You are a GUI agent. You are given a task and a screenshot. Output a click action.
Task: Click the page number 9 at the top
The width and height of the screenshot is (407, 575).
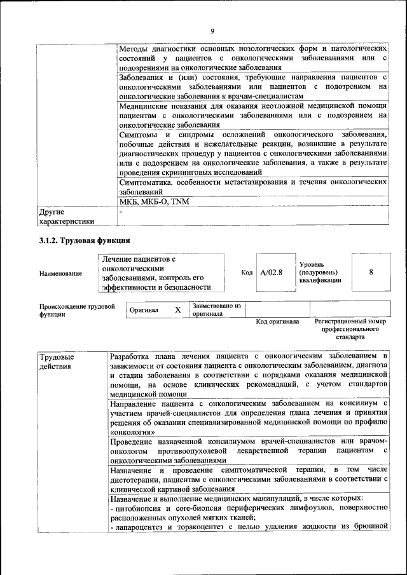pos(212,30)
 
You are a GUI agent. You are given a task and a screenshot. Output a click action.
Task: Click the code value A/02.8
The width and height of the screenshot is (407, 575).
pos(271,273)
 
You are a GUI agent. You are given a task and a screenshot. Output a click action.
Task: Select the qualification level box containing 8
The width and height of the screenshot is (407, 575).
pos(371,272)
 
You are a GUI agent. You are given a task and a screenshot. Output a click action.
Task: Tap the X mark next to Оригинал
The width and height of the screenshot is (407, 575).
pos(178,309)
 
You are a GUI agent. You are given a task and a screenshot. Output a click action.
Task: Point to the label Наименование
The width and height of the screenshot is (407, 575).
pos(60,273)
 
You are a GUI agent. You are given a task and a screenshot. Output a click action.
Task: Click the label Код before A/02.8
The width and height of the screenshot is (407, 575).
pos(247,273)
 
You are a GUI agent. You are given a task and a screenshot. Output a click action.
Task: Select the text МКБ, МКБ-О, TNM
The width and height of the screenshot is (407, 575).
pos(154,201)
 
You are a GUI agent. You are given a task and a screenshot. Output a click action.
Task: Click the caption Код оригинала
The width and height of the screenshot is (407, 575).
pos(277,321)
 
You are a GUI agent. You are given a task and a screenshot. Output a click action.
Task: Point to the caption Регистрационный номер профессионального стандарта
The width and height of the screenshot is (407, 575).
pos(350,329)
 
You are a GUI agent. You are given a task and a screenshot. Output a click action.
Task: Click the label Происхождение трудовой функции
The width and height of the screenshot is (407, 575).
pos(76,310)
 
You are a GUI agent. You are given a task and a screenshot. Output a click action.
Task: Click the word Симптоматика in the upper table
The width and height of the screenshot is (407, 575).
pos(148,182)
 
